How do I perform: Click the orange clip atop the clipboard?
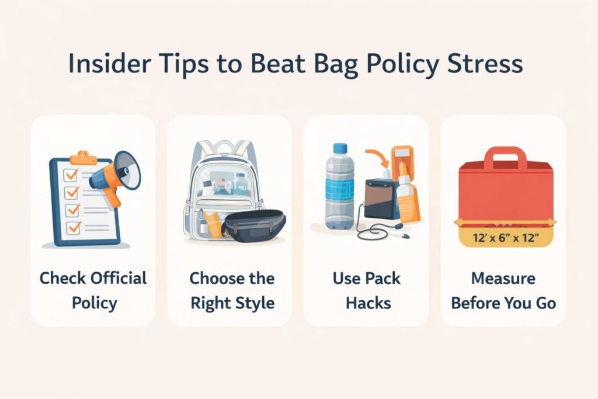84,157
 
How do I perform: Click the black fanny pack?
254,225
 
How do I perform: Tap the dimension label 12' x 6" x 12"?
506,238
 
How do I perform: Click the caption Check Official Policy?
93,290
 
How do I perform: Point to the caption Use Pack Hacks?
366,290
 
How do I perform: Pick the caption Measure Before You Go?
503,290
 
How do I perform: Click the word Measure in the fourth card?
503,278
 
